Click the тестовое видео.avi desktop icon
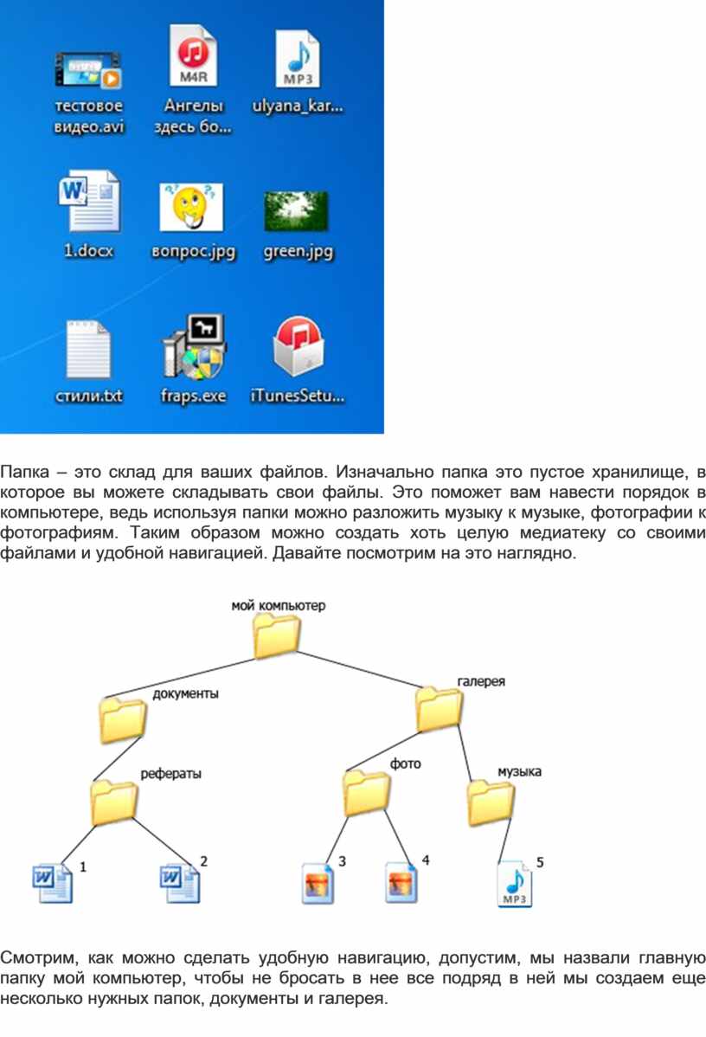(x=88, y=71)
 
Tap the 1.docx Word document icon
(x=89, y=201)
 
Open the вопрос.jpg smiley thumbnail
(x=192, y=207)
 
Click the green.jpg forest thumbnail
(x=296, y=211)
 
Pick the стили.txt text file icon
(x=88, y=349)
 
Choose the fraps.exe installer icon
(x=194, y=346)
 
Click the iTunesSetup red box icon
(x=298, y=346)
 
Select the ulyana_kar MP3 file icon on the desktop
(x=298, y=59)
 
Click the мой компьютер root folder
(x=277, y=634)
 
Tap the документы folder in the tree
(x=123, y=719)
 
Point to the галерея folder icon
(x=439, y=709)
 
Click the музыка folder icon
(x=491, y=803)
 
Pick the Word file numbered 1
(x=53, y=884)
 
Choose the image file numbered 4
(x=401, y=881)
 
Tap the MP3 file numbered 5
(x=514, y=884)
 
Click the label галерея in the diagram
(x=481, y=681)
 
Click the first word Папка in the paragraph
(x=24, y=473)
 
